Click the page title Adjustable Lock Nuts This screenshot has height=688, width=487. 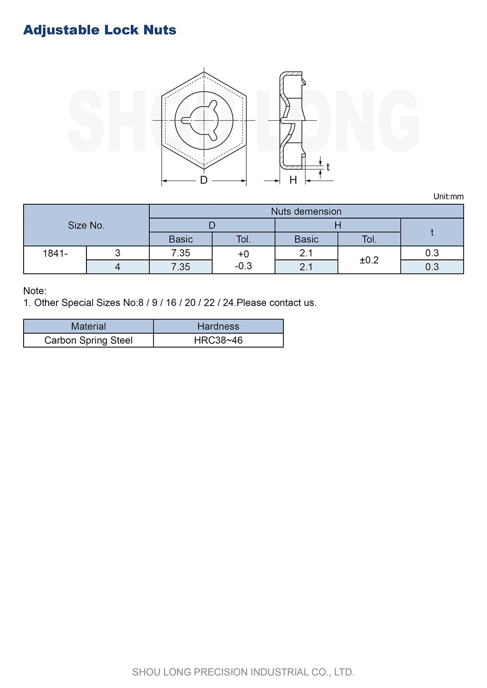pos(99,30)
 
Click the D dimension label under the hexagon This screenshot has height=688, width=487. pos(204,180)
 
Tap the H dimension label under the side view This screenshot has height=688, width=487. pos(293,180)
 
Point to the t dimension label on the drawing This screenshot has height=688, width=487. pos(328,167)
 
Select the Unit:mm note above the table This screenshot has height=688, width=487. pos(448,197)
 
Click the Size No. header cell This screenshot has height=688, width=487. pos(86,225)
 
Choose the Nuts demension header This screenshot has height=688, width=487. pos(306,211)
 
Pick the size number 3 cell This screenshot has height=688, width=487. pos(118,253)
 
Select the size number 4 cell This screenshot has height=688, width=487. pos(118,267)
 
